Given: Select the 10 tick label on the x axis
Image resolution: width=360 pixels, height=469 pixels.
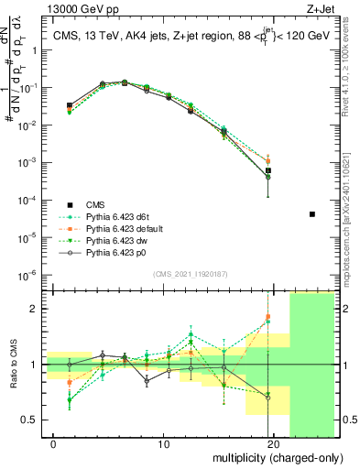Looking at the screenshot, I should pyautogui.click(x=163, y=444).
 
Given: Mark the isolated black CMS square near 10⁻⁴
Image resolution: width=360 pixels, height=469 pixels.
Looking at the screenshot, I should pyautogui.click(x=312, y=214).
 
